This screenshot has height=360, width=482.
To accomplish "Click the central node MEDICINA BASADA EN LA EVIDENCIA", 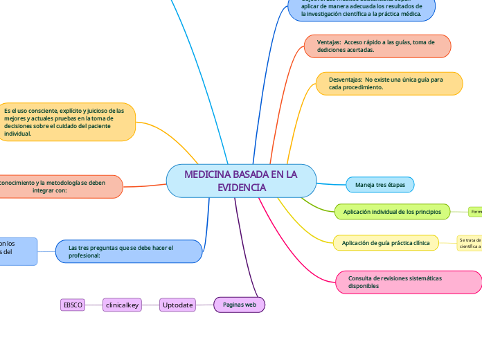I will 241,181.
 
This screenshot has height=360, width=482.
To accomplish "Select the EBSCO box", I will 73,304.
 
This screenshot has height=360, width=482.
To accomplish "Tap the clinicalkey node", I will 122,304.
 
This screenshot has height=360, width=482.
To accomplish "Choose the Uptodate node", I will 177,304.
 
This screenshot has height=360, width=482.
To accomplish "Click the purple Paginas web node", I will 240,304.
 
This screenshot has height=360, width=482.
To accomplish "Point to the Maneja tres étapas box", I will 380,185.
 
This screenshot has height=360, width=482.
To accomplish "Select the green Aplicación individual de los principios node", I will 392,211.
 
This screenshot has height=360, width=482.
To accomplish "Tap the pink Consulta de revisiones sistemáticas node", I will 409,282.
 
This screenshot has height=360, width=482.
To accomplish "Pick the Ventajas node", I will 377,46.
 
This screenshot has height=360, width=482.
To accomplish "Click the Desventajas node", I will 389,84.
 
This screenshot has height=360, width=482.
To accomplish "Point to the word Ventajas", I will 329,42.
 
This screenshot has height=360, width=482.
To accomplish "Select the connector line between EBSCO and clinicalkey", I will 93,304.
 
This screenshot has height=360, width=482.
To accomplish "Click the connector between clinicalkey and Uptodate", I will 151,304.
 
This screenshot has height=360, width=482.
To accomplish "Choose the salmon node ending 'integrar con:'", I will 59,186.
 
